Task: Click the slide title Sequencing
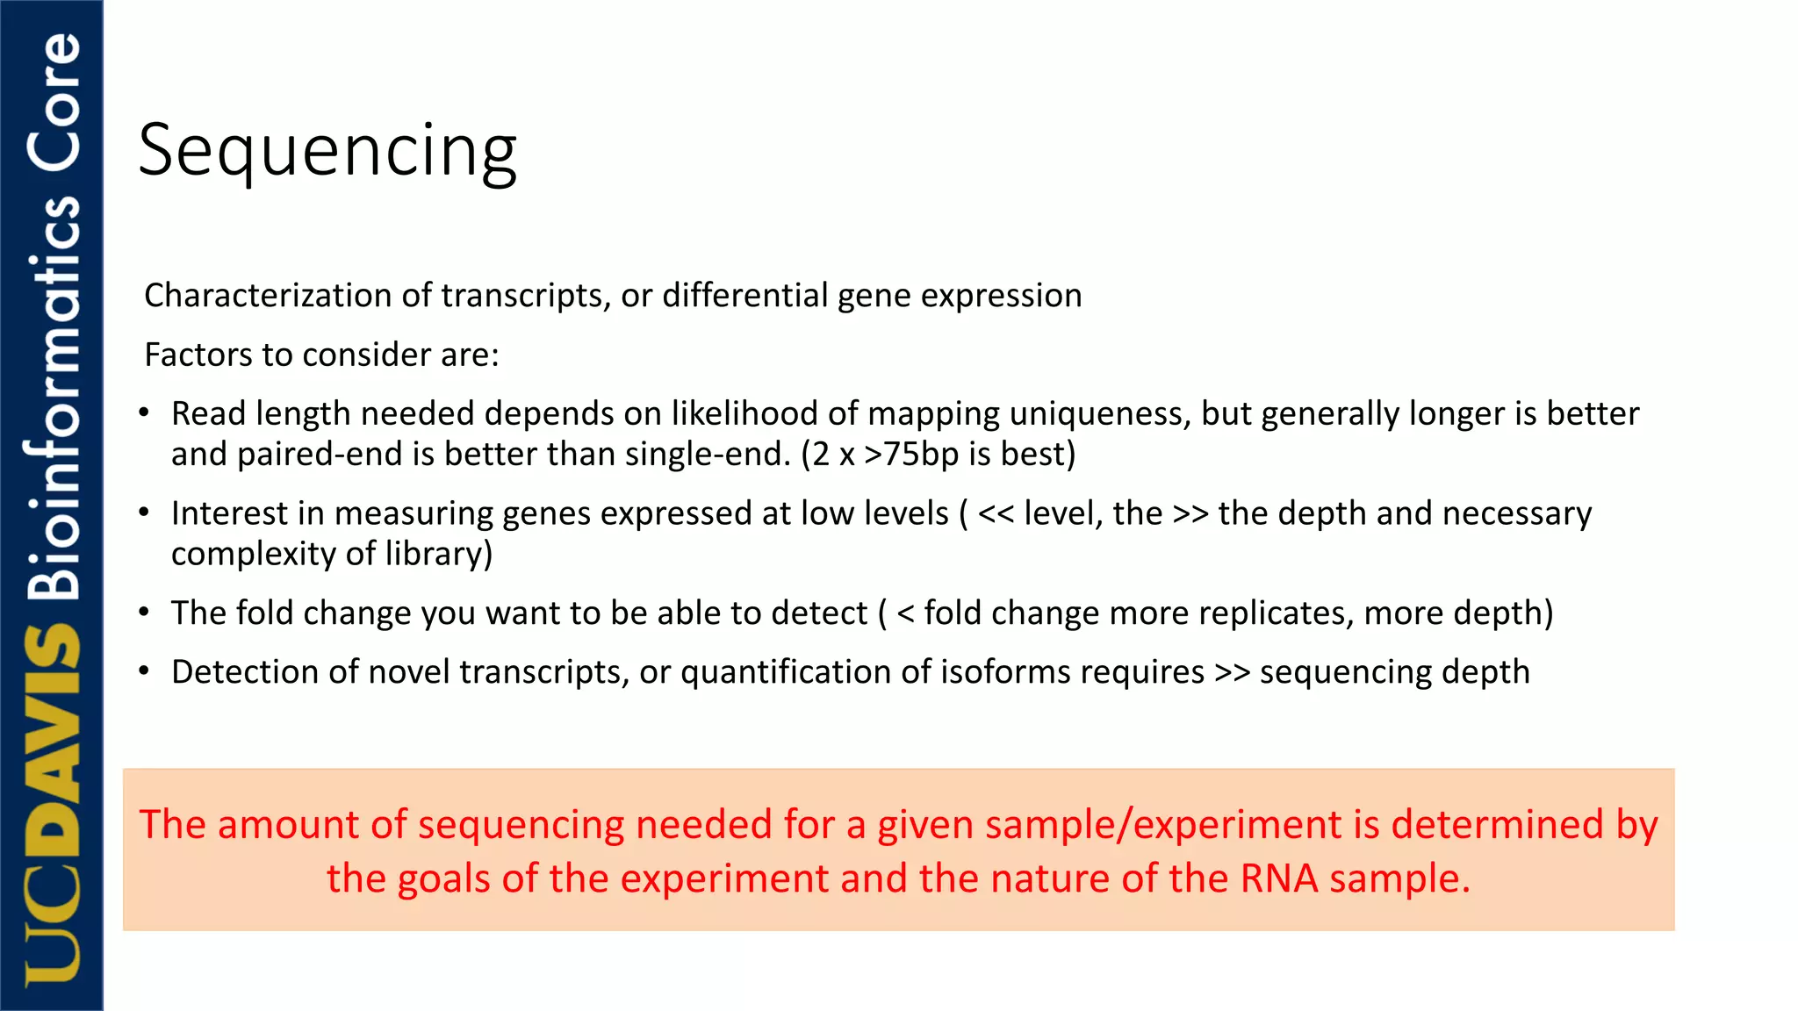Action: coord(327,151)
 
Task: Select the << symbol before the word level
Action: coord(996,513)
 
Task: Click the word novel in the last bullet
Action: coord(410,672)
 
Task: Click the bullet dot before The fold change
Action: coord(144,613)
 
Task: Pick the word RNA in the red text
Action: coord(1278,878)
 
